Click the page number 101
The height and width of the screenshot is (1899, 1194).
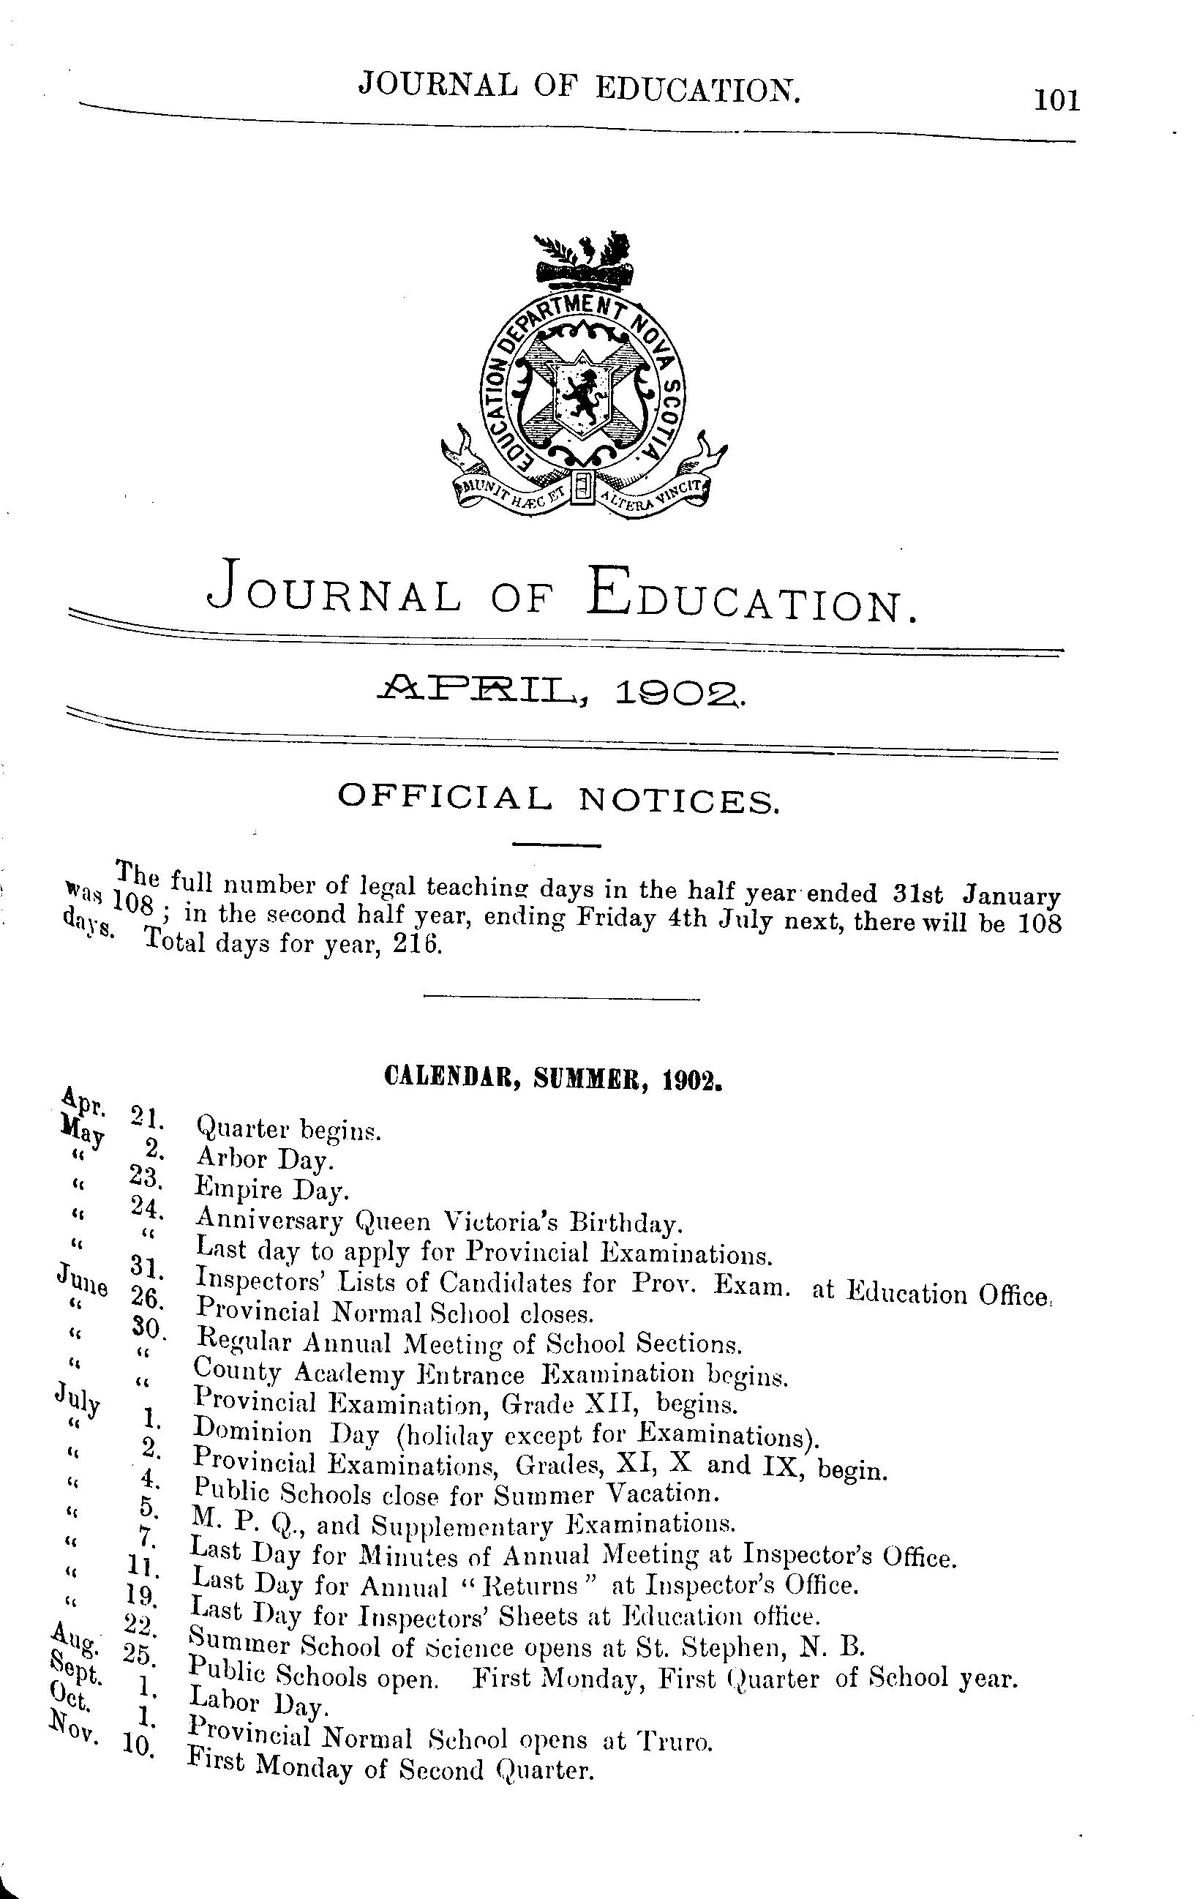click(x=1056, y=101)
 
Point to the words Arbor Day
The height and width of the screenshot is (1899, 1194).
click(x=265, y=1158)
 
